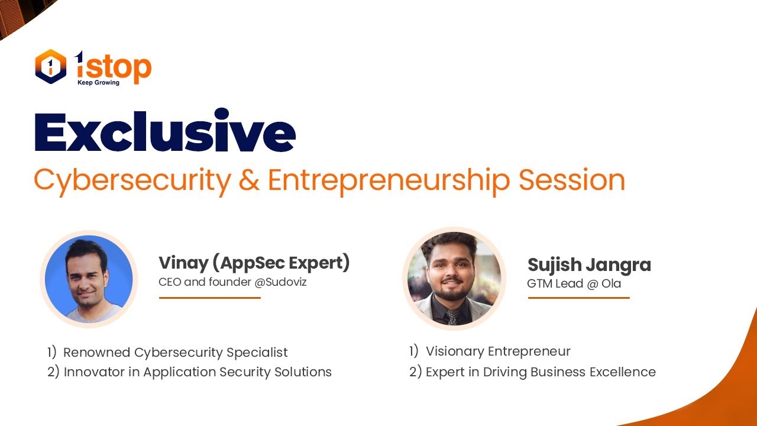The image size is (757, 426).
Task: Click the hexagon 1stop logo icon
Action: coord(50,66)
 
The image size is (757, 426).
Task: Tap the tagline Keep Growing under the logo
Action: coord(98,83)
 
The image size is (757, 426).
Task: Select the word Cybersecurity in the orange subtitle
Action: coord(132,180)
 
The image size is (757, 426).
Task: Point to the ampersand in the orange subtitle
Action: coord(249,180)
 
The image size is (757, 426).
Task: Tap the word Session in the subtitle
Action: coord(572,180)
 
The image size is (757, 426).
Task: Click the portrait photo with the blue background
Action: coord(89,279)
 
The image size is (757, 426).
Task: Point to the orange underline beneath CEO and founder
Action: coord(209,298)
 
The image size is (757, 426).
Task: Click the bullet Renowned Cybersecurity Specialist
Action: coord(175,353)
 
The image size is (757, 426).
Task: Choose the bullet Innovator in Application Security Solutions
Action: coord(198,372)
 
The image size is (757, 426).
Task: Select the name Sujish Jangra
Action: coord(588,264)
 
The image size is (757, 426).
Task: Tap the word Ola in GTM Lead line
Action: coord(611,284)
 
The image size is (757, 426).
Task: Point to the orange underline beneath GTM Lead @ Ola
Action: coord(578,298)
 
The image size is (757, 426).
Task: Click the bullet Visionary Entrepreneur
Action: coord(498,351)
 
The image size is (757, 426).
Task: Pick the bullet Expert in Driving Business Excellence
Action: coord(540,372)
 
